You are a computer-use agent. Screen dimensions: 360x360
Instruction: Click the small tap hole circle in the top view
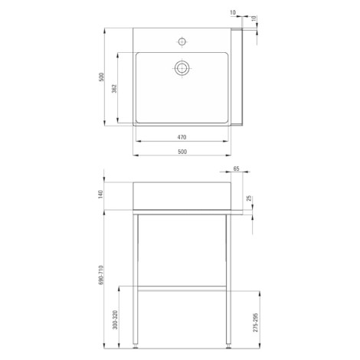coord(182,41)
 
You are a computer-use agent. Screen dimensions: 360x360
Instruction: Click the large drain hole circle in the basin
coord(182,68)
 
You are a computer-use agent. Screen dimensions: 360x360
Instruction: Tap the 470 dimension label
coord(182,137)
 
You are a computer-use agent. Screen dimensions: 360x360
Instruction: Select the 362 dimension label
coord(114,88)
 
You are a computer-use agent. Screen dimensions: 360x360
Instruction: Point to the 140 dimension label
coord(100,195)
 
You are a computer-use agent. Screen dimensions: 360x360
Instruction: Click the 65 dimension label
coord(236,169)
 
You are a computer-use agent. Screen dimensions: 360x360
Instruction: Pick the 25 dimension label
coord(249,198)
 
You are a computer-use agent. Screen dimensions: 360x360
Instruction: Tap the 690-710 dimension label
coord(100,275)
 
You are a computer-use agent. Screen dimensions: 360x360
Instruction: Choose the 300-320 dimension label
coord(115,319)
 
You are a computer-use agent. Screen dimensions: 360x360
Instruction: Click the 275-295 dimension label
coord(256,322)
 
